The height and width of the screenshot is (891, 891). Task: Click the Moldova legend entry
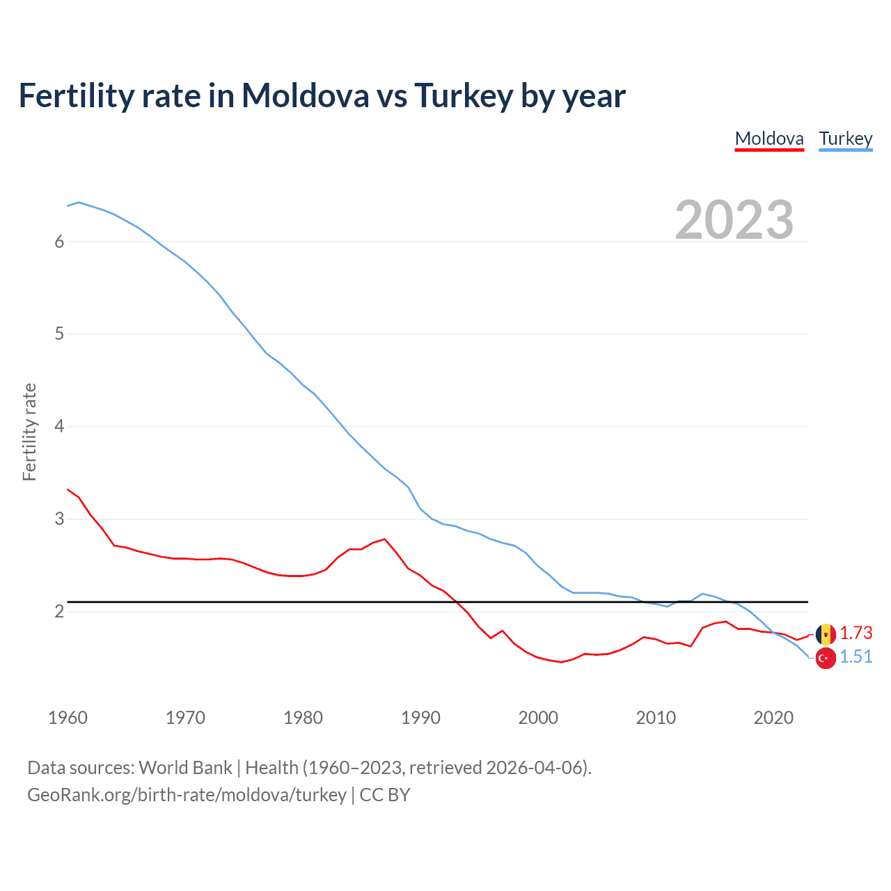[x=769, y=139]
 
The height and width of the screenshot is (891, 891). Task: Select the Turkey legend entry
[x=845, y=139]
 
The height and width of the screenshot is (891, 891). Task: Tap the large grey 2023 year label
[x=734, y=220]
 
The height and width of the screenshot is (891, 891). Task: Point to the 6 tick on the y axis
[x=59, y=242]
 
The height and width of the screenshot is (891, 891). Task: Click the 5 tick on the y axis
[x=59, y=334]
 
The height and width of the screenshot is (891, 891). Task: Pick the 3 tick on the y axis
[x=59, y=519]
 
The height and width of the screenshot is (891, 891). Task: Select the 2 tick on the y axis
[x=59, y=612]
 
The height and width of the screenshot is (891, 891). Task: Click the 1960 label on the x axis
[x=68, y=718]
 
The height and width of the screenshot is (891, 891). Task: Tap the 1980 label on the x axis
[x=303, y=718]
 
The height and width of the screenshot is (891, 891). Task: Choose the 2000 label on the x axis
[x=538, y=718]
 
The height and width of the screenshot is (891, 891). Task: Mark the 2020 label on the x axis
[x=773, y=718]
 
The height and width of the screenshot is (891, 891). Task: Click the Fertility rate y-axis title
[x=29, y=432]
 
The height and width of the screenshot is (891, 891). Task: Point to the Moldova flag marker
[x=826, y=634]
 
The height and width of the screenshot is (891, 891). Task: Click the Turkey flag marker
[x=826, y=658]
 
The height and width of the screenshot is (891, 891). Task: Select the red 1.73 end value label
[x=855, y=633]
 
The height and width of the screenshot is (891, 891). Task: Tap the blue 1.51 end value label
[x=855, y=657]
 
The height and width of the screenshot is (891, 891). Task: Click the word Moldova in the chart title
[x=305, y=96]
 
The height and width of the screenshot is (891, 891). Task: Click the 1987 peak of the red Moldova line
[x=385, y=539]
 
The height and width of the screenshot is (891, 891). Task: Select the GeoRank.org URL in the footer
[x=187, y=795]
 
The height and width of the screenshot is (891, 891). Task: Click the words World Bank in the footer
[x=185, y=768]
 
